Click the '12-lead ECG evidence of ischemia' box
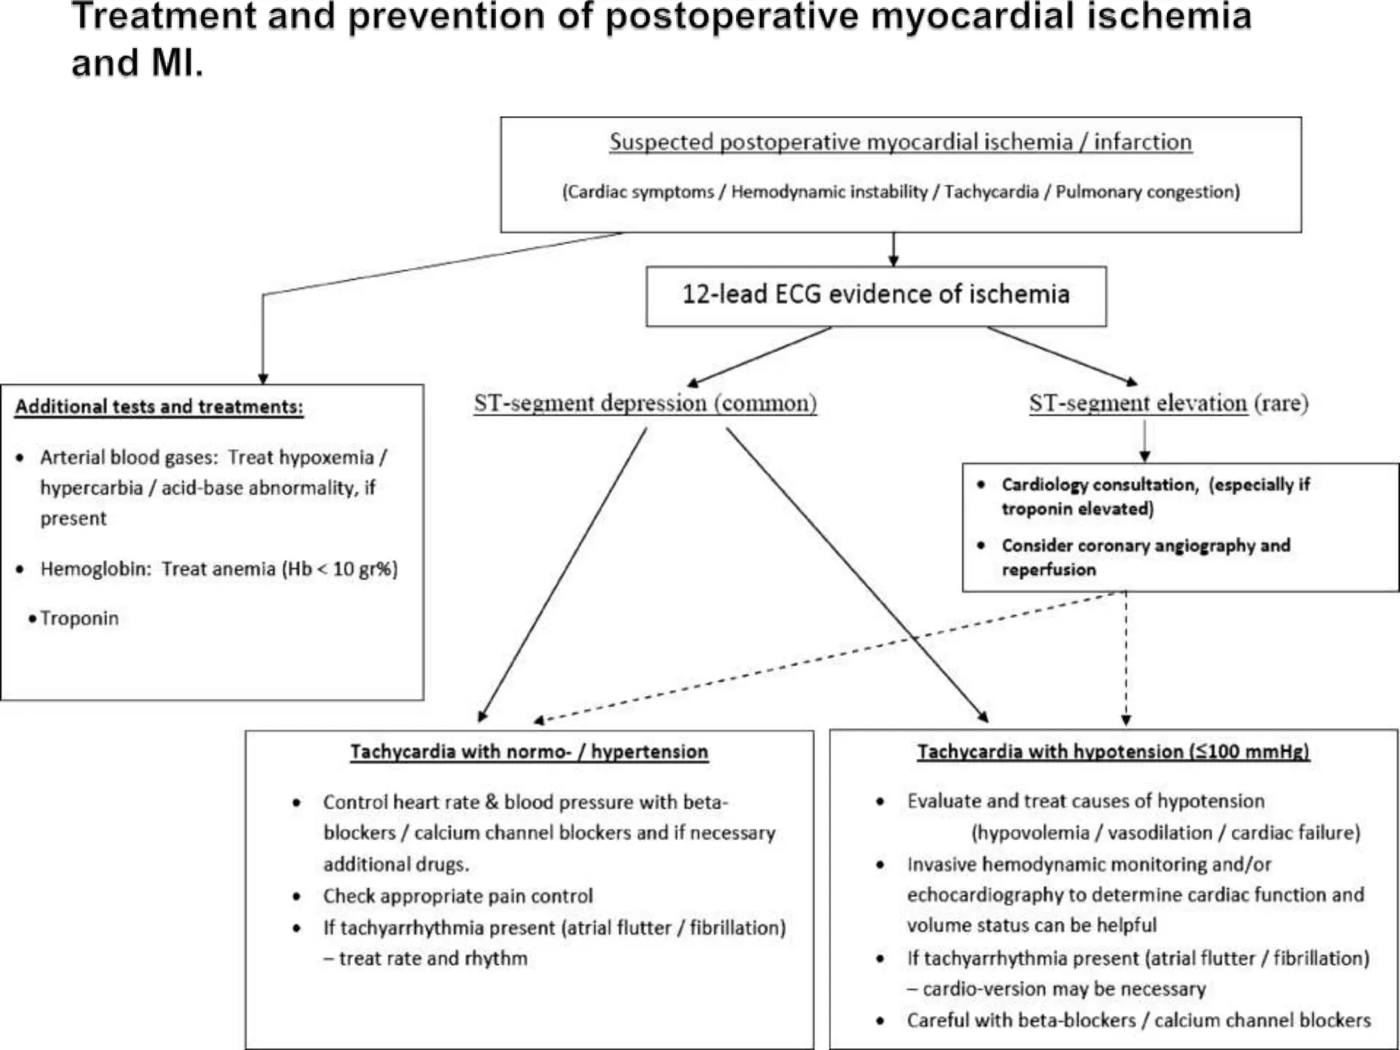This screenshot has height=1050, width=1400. click(876, 295)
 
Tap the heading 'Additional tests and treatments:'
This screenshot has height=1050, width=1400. click(159, 407)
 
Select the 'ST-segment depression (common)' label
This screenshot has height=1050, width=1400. click(645, 403)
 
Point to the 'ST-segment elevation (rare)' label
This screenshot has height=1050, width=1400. click(1168, 403)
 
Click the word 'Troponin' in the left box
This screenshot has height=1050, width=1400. click(79, 619)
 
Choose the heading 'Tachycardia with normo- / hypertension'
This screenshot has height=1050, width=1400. click(529, 752)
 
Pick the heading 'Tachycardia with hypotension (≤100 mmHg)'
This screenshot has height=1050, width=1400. click(1113, 752)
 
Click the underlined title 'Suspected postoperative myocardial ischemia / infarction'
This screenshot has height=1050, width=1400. click(900, 142)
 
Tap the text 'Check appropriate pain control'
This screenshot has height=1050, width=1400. click(457, 896)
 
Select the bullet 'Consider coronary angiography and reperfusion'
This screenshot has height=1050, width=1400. click(1145, 557)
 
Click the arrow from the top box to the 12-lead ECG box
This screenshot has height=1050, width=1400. click(893, 250)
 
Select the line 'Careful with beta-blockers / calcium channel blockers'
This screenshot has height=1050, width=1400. click(1138, 1021)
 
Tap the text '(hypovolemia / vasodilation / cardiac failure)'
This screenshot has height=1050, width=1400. click(1166, 833)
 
